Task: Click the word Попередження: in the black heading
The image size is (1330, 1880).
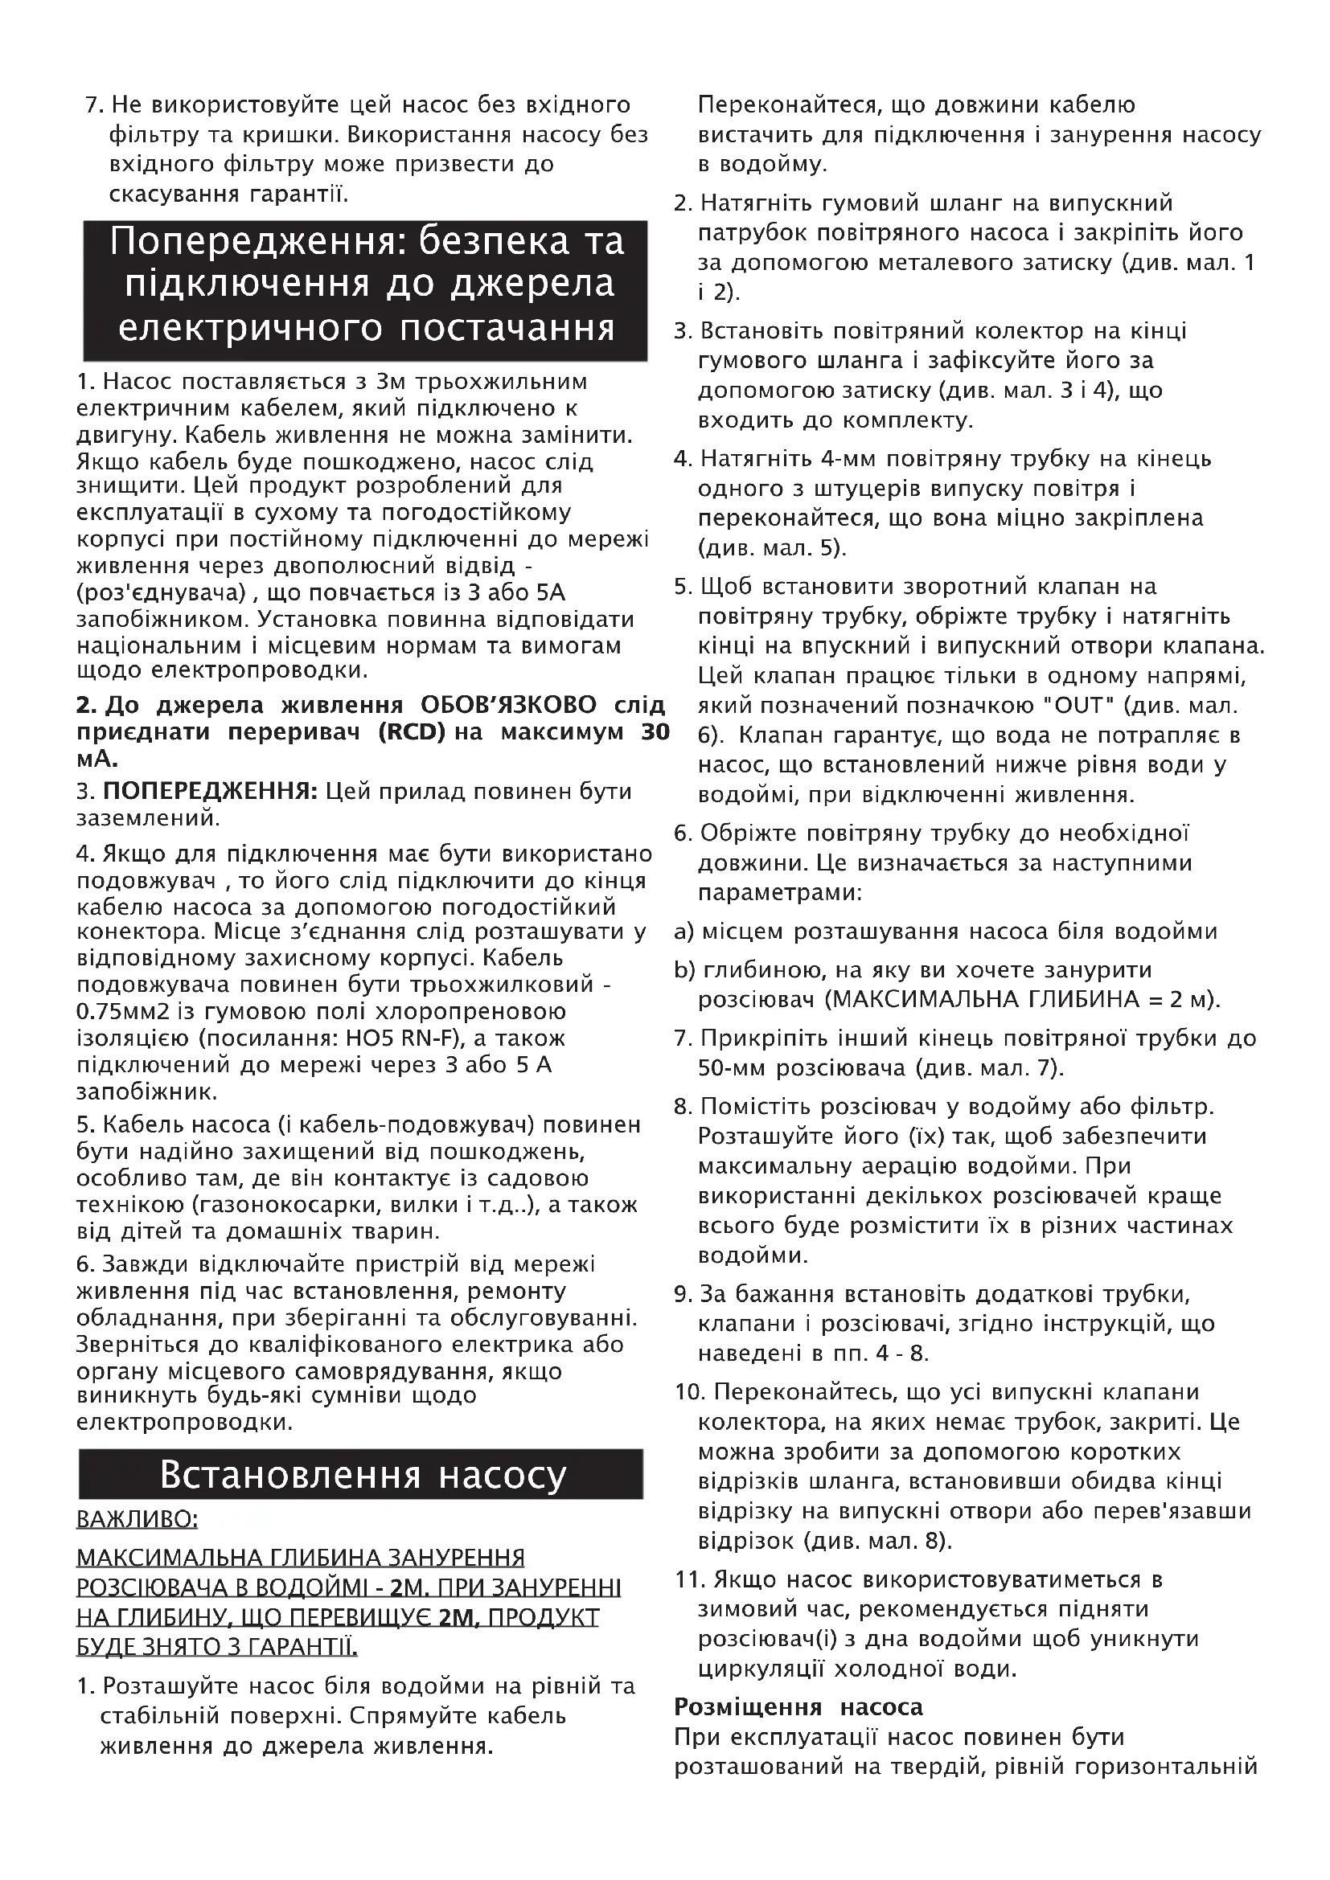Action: (x=258, y=243)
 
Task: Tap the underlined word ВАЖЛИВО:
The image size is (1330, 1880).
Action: (x=137, y=1519)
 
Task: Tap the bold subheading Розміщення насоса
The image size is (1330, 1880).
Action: (x=798, y=1707)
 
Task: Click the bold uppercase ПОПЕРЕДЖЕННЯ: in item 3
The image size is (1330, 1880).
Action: (x=210, y=792)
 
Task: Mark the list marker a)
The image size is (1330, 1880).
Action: (x=683, y=932)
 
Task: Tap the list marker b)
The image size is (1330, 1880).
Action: (x=683, y=970)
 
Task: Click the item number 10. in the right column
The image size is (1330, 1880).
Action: (x=692, y=1392)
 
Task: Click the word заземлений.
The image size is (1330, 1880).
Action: (x=146, y=817)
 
